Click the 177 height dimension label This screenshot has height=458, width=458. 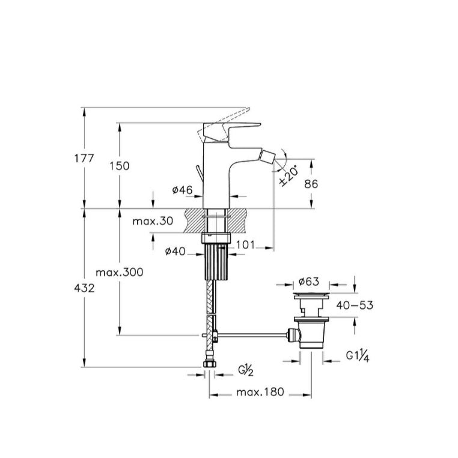click(x=84, y=158)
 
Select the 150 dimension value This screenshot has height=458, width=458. click(x=120, y=166)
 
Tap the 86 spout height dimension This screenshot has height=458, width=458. click(x=311, y=184)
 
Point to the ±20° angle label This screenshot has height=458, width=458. click(x=289, y=175)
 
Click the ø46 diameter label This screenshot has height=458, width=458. click(x=183, y=190)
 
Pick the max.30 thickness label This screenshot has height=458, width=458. click(x=153, y=221)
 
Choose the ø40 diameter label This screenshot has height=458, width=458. click(x=176, y=251)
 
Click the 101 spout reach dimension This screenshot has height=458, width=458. click(x=245, y=245)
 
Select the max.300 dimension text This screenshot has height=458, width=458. click(x=120, y=272)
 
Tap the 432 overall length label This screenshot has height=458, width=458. click(x=84, y=289)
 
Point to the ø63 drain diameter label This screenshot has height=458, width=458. click(x=309, y=281)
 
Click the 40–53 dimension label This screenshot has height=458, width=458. click(x=355, y=305)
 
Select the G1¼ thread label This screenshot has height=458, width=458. click(x=358, y=356)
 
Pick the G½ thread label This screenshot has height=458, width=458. click(x=246, y=370)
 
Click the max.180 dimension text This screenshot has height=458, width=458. click(x=260, y=392)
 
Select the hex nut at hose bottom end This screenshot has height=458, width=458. click(x=209, y=364)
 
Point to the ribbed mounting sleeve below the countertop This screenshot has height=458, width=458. click(x=216, y=262)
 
